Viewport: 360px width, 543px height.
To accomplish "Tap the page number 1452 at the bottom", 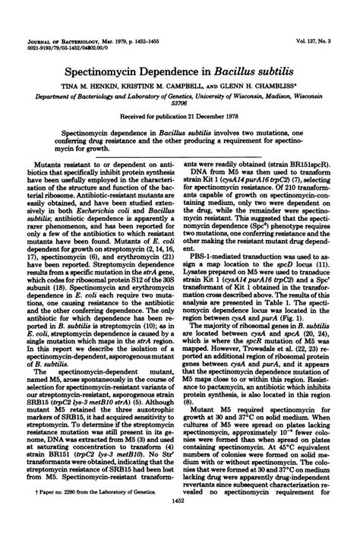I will click(179, 523).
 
